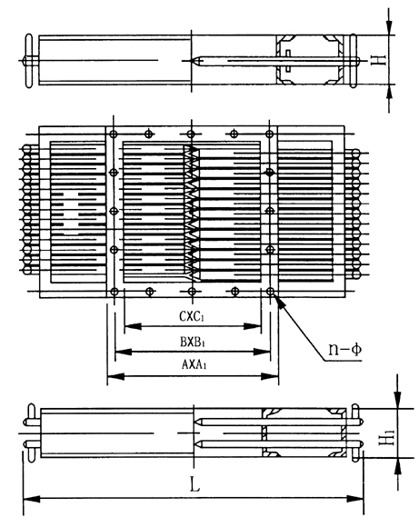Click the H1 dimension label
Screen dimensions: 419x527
(386, 437)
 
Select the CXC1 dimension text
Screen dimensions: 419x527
(192, 316)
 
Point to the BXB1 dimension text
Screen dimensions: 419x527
(193, 343)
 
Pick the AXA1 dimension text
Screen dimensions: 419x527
(194, 364)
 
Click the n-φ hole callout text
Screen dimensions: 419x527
(345, 350)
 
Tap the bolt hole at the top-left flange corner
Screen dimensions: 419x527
(114, 134)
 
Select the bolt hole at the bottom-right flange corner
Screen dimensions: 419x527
(270, 292)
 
